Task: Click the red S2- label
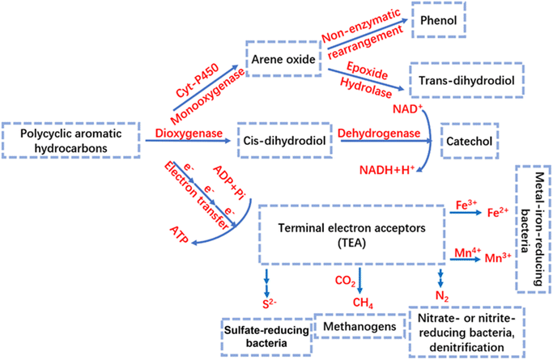point(266,304)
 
